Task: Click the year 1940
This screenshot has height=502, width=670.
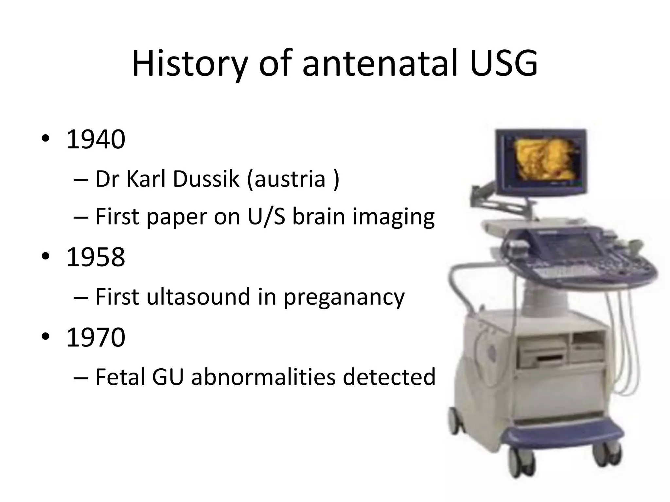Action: click(x=96, y=140)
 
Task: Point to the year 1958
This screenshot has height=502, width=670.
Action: click(x=96, y=257)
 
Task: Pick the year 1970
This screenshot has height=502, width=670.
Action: click(x=96, y=337)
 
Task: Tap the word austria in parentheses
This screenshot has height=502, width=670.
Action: click(x=290, y=180)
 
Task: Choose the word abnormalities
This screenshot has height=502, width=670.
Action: click(x=263, y=377)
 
